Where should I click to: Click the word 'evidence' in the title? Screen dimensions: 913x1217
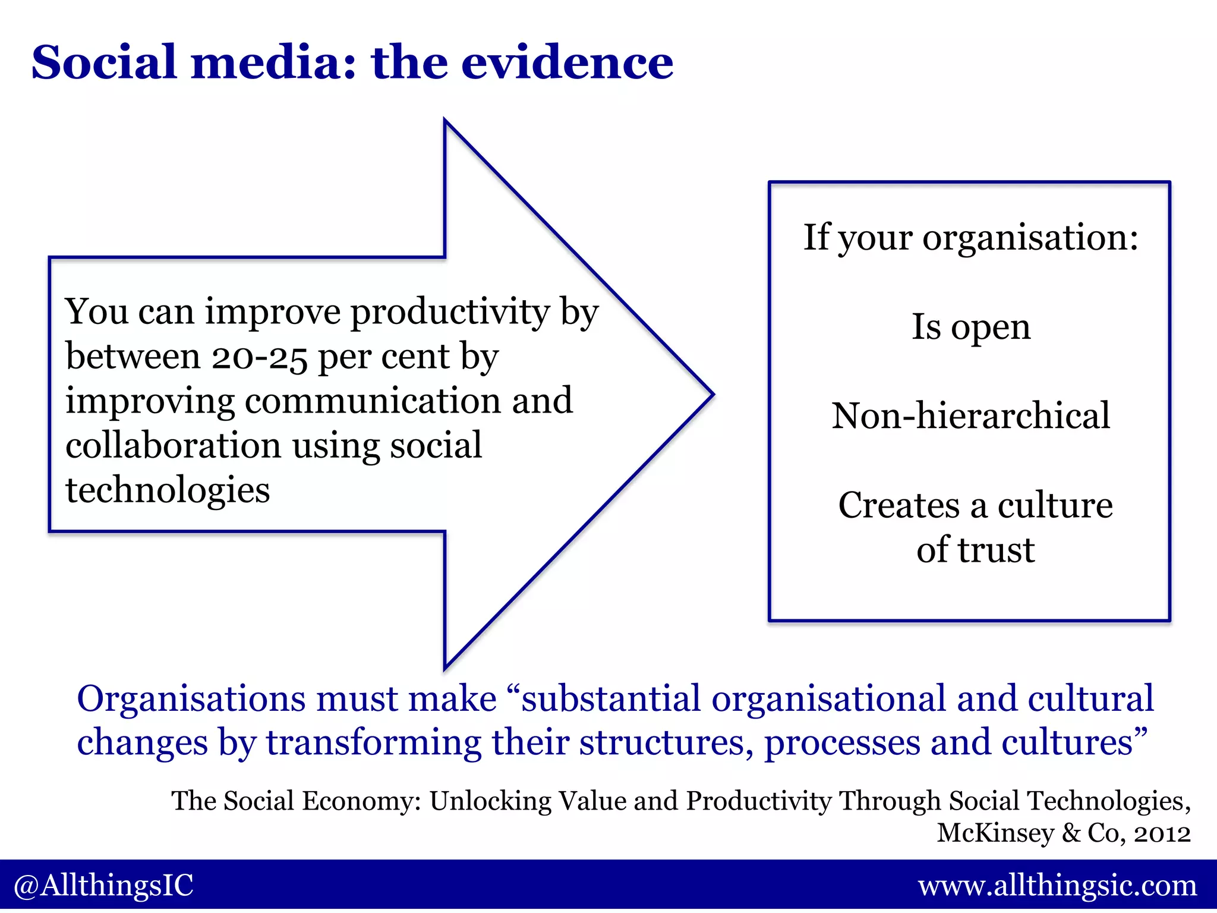coord(567,62)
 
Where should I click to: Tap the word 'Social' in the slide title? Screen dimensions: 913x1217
coord(105,62)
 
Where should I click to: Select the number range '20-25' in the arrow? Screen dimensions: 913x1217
coord(260,357)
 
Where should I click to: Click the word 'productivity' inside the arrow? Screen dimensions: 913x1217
coord(450,313)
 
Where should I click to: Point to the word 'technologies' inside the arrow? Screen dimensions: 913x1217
coord(168,490)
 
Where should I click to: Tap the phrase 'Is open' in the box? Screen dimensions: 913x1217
coord(971,326)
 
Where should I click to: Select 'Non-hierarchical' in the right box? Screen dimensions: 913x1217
coord(970,415)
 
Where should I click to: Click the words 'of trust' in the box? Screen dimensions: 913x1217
coord(975,550)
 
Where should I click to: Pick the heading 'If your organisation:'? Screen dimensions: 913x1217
coord(971,237)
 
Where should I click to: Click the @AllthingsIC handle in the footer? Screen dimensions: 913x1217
coord(103,886)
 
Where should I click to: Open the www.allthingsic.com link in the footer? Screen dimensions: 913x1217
coord(1057,886)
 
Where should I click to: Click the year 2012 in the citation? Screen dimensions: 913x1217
coord(1162,833)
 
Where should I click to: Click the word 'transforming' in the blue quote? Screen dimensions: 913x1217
coord(373,743)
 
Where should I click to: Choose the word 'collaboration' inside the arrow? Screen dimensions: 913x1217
coord(173,446)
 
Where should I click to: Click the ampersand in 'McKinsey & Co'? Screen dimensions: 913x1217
coord(1071,833)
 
